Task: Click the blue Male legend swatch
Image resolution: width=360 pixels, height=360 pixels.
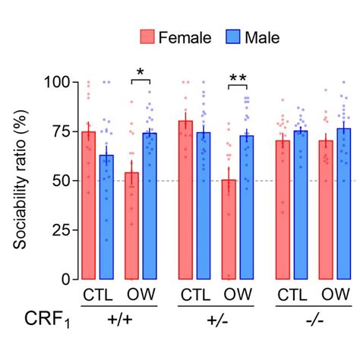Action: pos(232,36)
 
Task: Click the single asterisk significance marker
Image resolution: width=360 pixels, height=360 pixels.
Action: pos(140,73)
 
